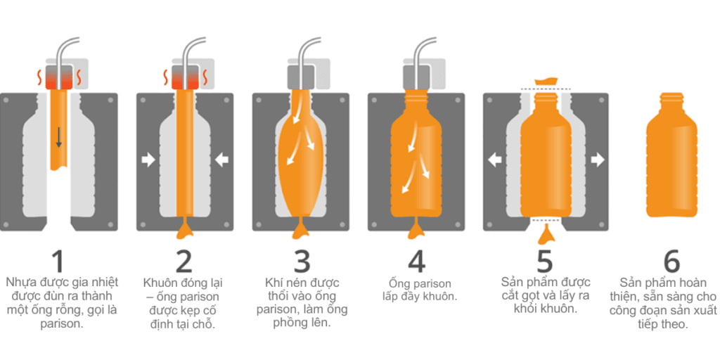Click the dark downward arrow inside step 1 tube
click(x=59, y=137)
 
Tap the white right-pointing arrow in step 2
click(x=148, y=160)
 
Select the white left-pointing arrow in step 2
click(x=221, y=160)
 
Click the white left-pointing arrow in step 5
click(x=494, y=160)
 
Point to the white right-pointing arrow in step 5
click(x=598, y=160)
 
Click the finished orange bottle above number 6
click(x=671, y=155)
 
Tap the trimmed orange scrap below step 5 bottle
click(x=546, y=235)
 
